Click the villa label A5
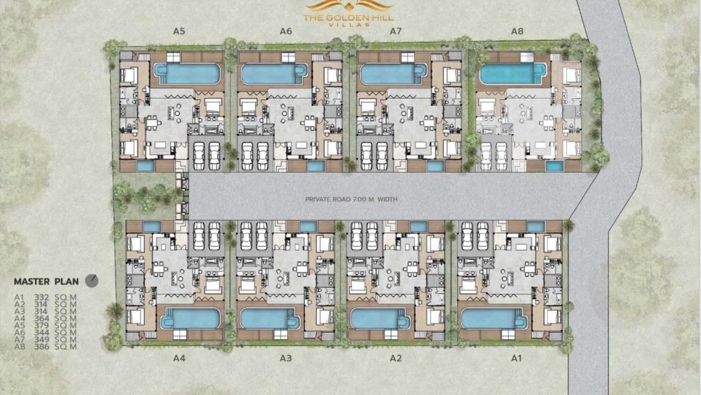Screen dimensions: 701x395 (179, 31)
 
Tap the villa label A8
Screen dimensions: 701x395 (517, 31)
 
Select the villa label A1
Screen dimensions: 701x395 (516, 358)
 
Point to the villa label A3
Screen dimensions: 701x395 (286, 358)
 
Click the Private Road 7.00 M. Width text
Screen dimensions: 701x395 (351, 199)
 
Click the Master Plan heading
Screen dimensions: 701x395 (46, 281)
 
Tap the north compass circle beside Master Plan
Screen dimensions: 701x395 (92, 281)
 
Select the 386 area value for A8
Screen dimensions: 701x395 (42, 346)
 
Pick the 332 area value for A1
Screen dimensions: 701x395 (42, 297)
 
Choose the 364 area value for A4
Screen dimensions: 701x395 (42, 318)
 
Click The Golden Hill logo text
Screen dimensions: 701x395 (348, 18)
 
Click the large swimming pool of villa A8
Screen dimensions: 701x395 (513, 74)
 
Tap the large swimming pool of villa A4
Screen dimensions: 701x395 (190, 318)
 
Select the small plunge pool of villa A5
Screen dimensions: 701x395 (146, 166)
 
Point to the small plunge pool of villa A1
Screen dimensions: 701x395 (536, 227)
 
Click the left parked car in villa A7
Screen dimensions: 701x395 (367, 156)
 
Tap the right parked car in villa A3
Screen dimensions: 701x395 (261, 236)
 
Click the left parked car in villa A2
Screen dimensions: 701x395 (356, 236)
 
